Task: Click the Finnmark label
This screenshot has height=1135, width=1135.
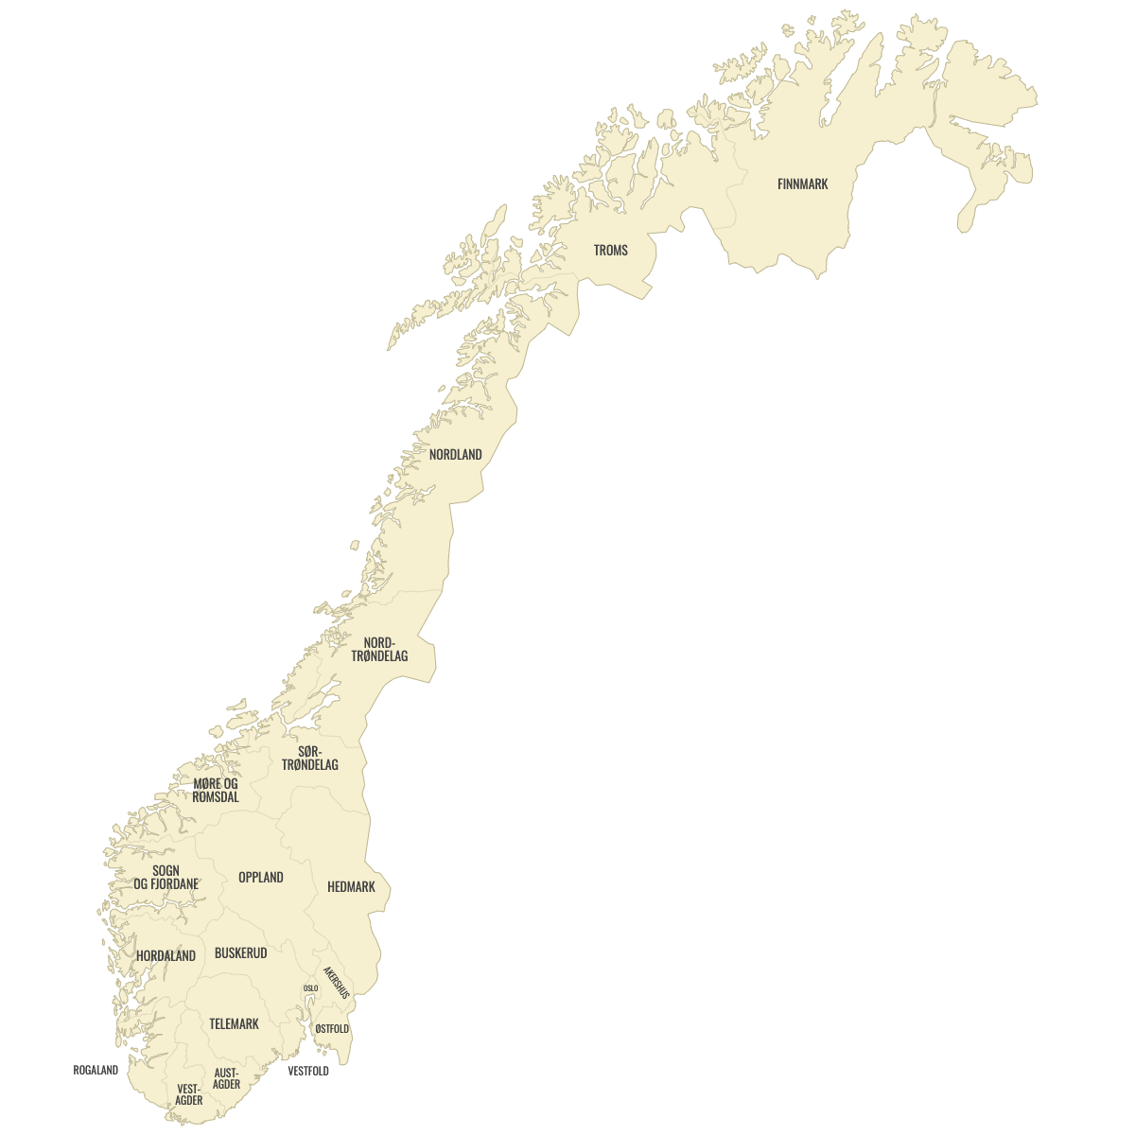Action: pos(802,184)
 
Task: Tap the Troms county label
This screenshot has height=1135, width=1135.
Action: pos(610,251)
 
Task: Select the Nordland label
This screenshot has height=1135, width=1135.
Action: pos(455,455)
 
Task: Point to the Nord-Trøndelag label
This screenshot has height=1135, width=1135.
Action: pos(379,650)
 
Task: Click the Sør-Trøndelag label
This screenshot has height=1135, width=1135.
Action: pos(309,758)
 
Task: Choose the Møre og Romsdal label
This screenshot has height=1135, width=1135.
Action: pos(216,791)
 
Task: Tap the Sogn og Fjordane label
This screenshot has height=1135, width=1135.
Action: pos(166,878)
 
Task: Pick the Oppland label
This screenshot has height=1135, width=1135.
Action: pos(260,878)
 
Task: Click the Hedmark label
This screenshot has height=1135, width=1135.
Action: pos(351,887)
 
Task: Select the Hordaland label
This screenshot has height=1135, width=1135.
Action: pos(166,956)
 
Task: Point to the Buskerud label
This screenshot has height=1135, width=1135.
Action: pos(240,953)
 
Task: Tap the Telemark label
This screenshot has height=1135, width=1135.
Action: pos(234,1024)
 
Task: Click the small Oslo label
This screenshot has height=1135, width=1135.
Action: pos(310,988)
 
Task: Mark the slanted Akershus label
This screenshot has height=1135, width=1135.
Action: pos(336,983)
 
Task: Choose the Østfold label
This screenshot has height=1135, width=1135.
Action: pos(332,1029)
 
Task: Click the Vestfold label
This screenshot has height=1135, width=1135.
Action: pos(308,1072)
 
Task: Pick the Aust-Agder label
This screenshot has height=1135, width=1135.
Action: pos(226,1078)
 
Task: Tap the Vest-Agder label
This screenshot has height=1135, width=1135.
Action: pos(189,1094)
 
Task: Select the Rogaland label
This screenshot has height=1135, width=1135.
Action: pos(96,1071)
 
